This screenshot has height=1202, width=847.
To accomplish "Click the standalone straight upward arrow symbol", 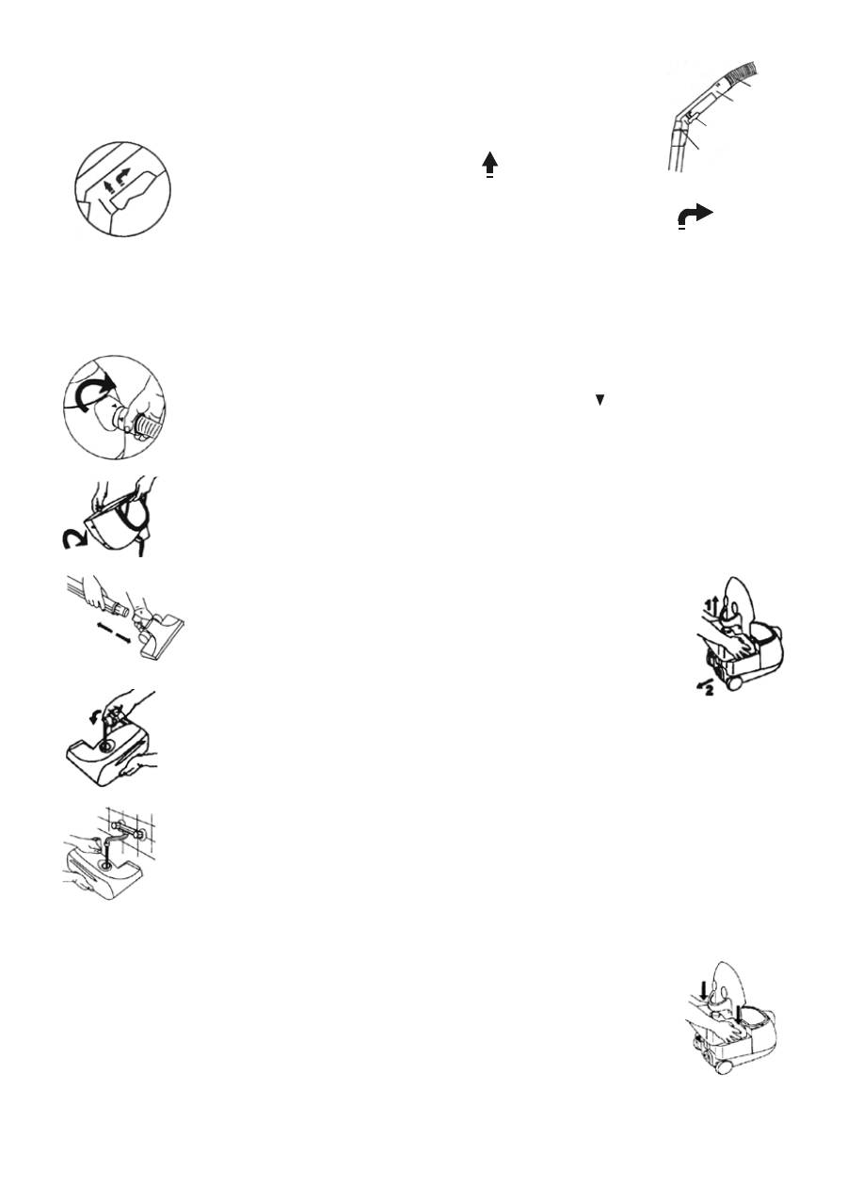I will (x=489, y=164).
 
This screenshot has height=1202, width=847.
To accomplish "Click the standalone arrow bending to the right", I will (x=696, y=216).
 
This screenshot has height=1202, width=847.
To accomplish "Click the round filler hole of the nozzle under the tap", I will (x=112, y=857).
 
